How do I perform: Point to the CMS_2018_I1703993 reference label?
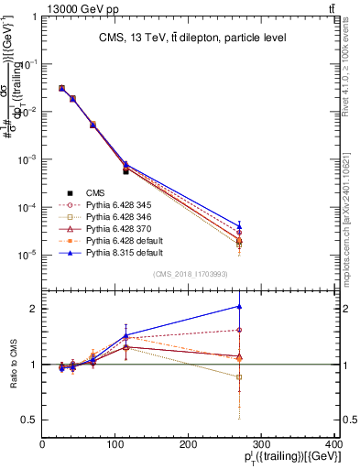point(188,274)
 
